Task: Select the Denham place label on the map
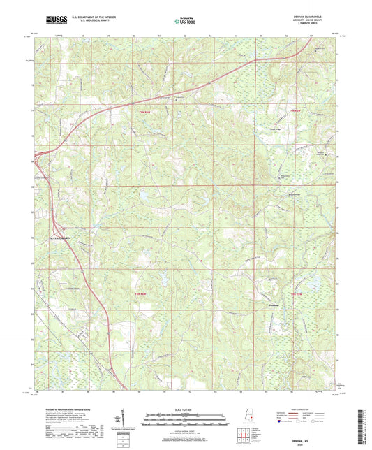[274, 304]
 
